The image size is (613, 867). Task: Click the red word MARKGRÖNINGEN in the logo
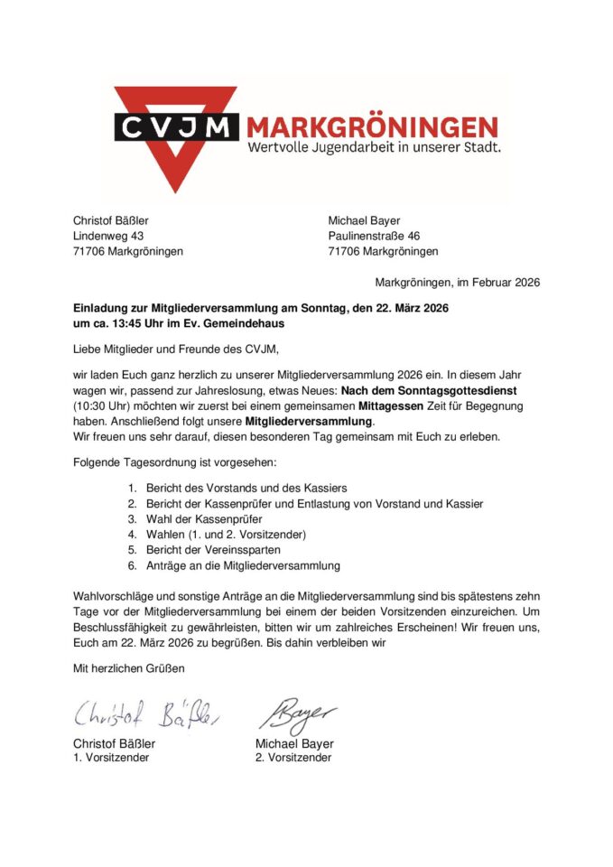tap(372, 126)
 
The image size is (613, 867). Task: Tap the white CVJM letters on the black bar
tap(176, 126)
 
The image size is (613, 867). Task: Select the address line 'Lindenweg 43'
tap(107, 236)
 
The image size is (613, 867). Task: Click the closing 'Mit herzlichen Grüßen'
tap(128, 668)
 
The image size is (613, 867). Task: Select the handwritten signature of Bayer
tap(299, 713)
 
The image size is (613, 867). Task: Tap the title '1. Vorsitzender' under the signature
tap(111, 758)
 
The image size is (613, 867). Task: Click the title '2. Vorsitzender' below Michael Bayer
tap(293, 758)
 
